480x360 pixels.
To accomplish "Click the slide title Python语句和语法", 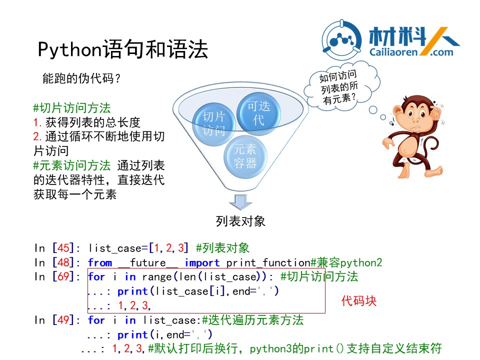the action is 123,49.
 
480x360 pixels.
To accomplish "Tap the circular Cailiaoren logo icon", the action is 342,40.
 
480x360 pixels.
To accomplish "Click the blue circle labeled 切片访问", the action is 213,124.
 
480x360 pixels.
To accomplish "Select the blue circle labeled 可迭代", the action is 258,113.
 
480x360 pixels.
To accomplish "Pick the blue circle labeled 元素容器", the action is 245,156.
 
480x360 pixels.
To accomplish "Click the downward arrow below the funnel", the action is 240,202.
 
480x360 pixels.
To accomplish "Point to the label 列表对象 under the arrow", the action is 240,221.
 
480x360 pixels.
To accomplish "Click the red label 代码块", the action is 359,301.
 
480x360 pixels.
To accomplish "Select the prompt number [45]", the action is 63,248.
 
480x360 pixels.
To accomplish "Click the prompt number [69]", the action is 63,276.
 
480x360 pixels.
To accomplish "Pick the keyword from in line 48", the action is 100,262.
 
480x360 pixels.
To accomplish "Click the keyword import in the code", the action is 202,263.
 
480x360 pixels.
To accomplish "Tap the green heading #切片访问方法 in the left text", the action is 72,108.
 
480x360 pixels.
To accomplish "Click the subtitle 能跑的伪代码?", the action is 81,78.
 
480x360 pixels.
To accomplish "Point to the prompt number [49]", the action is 63,320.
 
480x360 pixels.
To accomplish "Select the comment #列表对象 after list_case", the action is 223,248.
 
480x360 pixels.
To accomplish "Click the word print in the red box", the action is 132,291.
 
